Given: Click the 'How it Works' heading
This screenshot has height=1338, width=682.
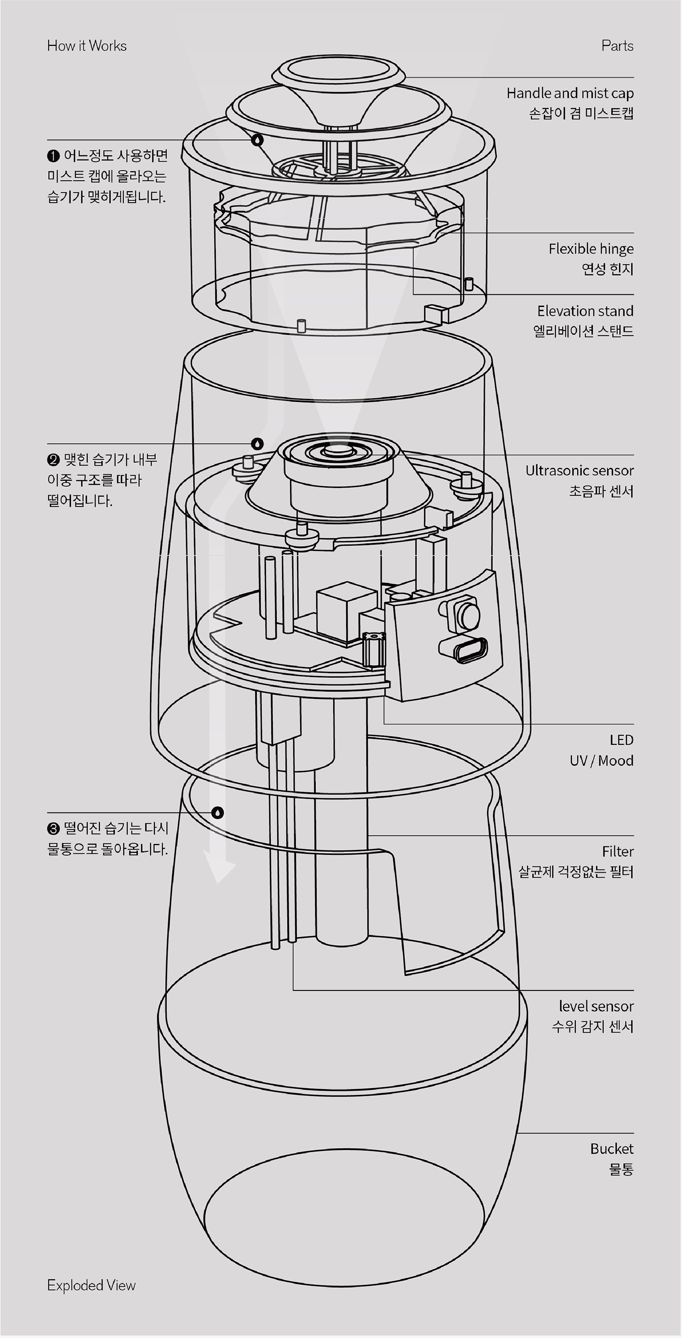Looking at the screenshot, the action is pyautogui.click(x=87, y=46).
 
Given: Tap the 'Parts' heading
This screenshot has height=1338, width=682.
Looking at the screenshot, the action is pyautogui.click(x=617, y=46).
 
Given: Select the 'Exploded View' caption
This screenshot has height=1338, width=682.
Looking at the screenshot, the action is pyautogui.click(x=92, y=1285).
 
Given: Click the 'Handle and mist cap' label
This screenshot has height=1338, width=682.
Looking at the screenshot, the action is pyautogui.click(x=570, y=93).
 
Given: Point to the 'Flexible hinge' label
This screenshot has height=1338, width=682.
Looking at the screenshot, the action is pyautogui.click(x=591, y=249).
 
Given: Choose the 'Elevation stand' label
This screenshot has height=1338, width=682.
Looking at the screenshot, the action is pyautogui.click(x=586, y=311).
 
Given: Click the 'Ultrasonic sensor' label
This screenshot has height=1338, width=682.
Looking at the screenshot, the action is pyautogui.click(x=579, y=471).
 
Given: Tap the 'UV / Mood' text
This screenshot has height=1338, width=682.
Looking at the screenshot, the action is pyautogui.click(x=602, y=760).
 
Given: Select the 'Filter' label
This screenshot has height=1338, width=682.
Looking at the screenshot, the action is pyautogui.click(x=618, y=851).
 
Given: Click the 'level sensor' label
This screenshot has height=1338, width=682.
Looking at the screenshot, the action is pyautogui.click(x=596, y=1006).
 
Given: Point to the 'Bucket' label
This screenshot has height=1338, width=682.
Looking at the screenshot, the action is pyautogui.click(x=612, y=1149).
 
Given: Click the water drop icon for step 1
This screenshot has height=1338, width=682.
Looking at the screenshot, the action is pyautogui.click(x=257, y=140).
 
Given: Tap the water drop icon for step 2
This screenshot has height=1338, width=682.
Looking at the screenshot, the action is pyautogui.click(x=257, y=444).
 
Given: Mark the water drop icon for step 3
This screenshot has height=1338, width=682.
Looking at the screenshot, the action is pyautogui.click(x=218, y=812).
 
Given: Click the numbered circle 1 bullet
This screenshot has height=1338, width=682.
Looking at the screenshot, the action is pyautogui.click(x=53, y=156).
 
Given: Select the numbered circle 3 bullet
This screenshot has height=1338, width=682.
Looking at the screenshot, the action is pyautogui.click(x=53, y=829).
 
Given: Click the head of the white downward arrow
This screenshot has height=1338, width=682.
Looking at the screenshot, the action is pyautogui.click(x=219, y=867).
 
